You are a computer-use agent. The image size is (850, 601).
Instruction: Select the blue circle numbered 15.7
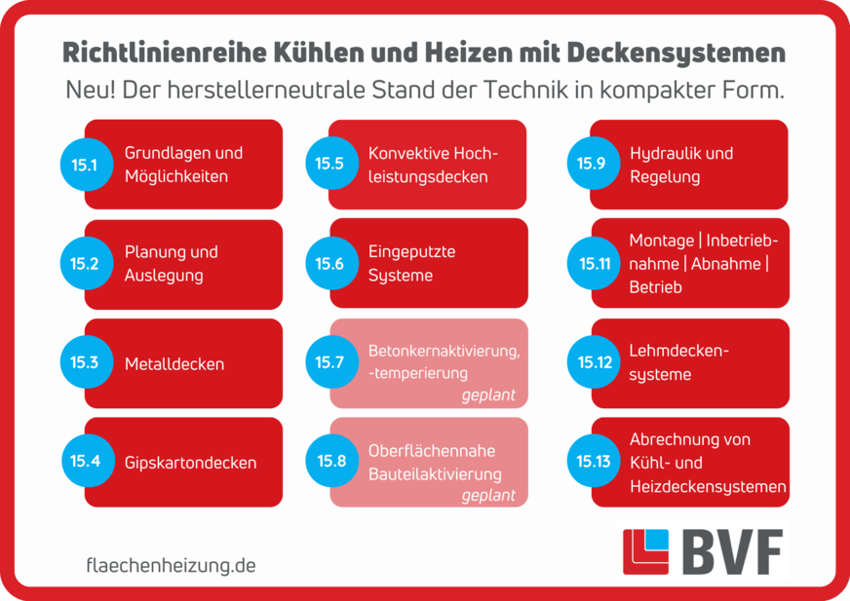tap(329, 362)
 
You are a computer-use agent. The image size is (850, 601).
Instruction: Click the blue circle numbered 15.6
tap(329, 263)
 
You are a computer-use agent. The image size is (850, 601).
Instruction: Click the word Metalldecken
tap(174, 364)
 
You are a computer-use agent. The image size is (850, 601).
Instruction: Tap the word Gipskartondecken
tap(190, 463)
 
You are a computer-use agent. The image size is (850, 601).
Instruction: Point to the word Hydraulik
tap(663, 153)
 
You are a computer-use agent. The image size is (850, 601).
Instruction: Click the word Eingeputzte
tap(411, 251)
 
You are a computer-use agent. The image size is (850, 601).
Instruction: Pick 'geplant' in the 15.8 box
tap(488, 495)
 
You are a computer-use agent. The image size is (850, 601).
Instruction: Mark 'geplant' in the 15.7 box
tap(488, 396)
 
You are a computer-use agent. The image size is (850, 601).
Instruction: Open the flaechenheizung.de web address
tap(171, 565)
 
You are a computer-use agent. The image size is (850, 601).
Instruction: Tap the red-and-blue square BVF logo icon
tap(645, 552)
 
